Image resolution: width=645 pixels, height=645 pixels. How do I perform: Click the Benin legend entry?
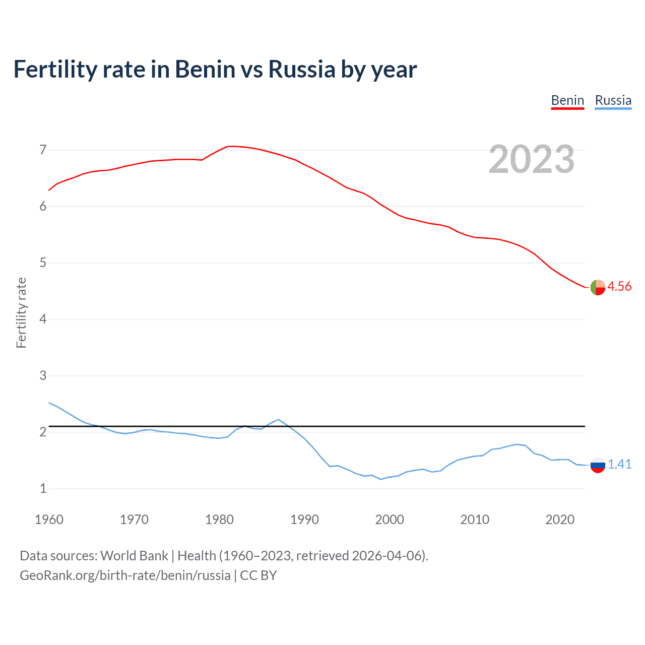click(567, 100)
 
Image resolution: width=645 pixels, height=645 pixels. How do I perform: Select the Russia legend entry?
click(613, 100)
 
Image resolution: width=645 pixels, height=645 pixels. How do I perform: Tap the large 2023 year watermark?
click(532, 159)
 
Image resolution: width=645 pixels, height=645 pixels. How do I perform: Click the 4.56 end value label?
click(619, 286)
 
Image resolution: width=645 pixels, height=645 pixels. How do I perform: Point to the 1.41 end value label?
click(619, 464)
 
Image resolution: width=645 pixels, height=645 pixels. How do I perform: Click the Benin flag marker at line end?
click(598, 287)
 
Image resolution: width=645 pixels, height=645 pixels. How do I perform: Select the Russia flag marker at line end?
click(598, 465)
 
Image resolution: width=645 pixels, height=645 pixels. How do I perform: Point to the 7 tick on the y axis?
click(43, 150)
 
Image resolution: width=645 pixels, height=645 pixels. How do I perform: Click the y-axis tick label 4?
click(43, 319)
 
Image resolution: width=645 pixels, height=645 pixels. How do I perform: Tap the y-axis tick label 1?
click(43, 488)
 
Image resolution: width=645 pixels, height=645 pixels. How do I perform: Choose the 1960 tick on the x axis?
click(49, 520)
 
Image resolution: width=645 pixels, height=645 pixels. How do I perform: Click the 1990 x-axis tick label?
click(304, 520)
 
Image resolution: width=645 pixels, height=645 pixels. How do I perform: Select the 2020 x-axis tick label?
click(560, 520)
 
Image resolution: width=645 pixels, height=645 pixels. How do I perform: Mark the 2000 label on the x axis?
click(390, 520)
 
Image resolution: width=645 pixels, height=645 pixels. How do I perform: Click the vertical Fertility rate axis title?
click(21, 312)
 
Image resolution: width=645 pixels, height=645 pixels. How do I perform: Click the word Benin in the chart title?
click(205, 69)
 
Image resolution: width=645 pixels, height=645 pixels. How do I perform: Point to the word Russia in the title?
click(301, 69)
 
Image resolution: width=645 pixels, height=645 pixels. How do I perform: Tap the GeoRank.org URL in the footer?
click(125, 575)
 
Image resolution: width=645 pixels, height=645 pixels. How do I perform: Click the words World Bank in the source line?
click(134, 556)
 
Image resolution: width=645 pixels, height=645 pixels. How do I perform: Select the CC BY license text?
click(259, 575)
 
